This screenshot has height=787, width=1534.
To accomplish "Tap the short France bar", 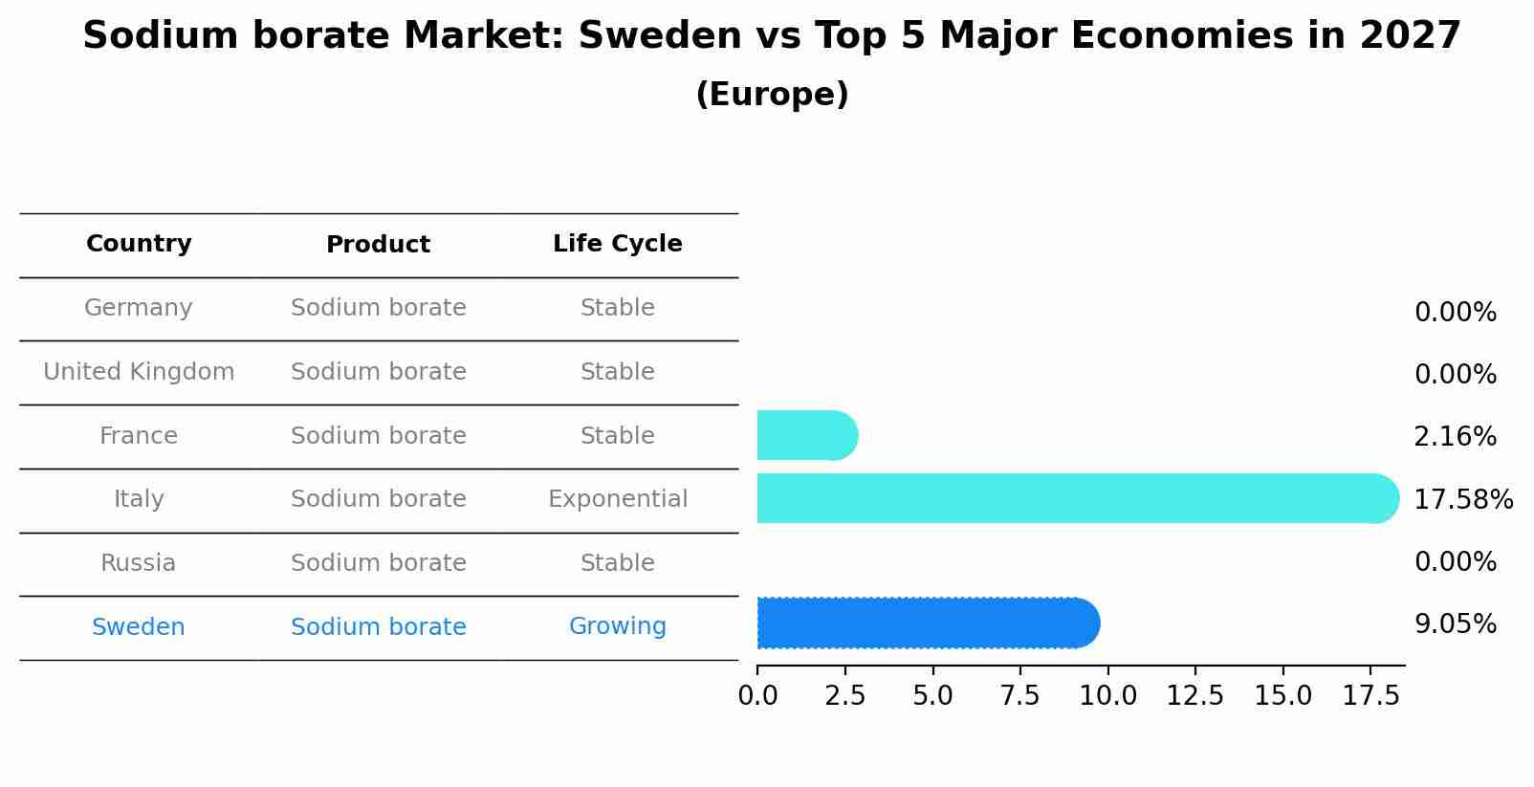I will point(806,436).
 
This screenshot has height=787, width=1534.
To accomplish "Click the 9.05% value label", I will point(1455,624).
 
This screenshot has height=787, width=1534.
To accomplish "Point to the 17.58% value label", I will point(1462,499).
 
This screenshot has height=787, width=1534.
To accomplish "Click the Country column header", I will point(139,244).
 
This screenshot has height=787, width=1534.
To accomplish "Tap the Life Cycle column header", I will point(617,244).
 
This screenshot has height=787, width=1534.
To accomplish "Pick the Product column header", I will point(378,245).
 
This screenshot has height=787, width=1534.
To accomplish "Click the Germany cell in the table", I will point(139,308).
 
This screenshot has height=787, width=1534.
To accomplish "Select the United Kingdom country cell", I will point(139,372).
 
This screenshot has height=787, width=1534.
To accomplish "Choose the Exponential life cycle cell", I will point(617,499).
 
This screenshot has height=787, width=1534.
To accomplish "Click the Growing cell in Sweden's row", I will point(617,626).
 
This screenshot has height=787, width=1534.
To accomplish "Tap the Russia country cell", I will point(139,563).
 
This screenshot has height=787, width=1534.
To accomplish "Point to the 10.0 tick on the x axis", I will point(1107,696).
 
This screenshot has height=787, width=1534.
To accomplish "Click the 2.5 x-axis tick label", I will point(844,696).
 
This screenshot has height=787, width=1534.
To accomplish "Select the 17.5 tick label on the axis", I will point(1370,696).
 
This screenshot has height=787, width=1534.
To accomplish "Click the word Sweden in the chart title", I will point(659,36).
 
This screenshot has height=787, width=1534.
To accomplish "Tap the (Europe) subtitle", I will point(772,95).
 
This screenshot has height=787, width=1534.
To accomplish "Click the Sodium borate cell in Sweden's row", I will point(378,627).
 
